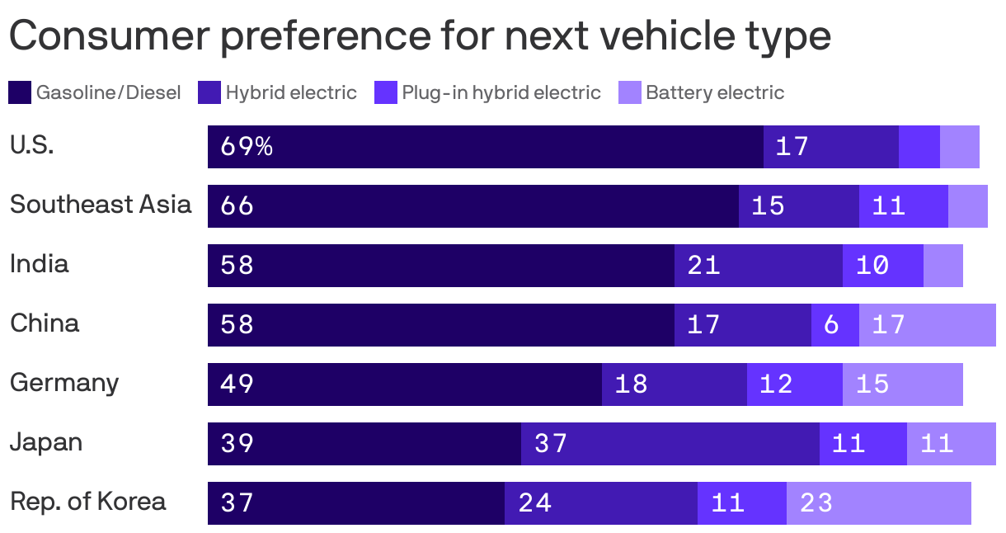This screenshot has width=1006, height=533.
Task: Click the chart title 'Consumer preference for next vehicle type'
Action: click(420, 36)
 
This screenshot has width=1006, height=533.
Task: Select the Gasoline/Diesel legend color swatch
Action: click(20, 92)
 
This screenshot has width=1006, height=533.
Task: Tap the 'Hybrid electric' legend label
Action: click(291, 92)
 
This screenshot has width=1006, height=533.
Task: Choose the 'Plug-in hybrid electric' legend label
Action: click(501, 92)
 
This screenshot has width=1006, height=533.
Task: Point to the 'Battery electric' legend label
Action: click(714, 92)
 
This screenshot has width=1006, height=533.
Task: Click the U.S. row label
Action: click(32, 145)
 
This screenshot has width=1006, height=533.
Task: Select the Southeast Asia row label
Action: click(101, 205)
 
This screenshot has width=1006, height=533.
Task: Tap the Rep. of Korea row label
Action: click(88, 502)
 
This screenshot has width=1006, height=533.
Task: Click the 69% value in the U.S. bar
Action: click(247, 147)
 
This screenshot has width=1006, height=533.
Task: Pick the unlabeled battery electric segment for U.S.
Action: click(959, 147)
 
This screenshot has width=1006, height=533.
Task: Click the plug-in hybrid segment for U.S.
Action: click(919, 147)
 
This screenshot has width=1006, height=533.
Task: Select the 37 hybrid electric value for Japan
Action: click(551, 444)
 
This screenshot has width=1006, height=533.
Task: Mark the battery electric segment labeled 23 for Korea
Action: click(878, 503)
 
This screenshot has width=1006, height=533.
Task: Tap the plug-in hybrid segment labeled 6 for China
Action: click(834, 325)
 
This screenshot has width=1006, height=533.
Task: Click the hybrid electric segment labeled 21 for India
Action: click(758, 266)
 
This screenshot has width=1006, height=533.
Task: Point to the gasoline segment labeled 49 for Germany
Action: click(404, 384)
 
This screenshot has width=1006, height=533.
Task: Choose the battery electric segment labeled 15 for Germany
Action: click(902, 384)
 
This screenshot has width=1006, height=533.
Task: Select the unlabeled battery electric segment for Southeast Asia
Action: click(967, 206)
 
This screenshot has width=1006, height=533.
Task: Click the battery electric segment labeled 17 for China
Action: click(927, 325)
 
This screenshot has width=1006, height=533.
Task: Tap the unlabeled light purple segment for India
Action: click(943, 266)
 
